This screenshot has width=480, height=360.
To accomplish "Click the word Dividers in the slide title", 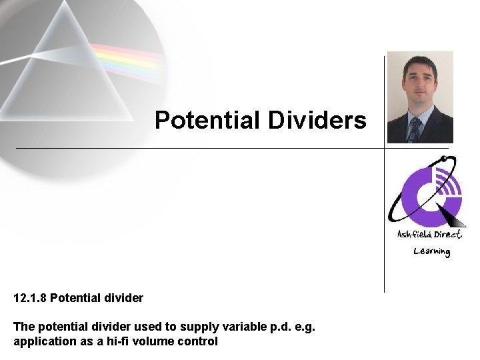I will click(317, 121).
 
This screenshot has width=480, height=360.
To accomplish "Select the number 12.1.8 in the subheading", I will click(29, 298).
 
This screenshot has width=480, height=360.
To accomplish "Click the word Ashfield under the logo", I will click(415, 234).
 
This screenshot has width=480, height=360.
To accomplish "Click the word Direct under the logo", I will click(448, 234).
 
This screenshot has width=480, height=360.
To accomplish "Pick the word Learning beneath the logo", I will click(431, 251).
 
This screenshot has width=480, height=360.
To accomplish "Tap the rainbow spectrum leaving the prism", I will click(127, 60).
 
